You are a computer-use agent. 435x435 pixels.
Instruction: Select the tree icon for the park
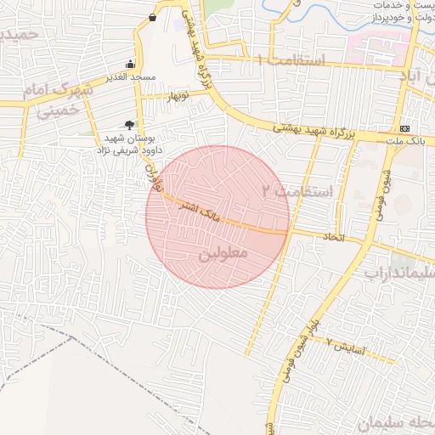click(x=129, y=124)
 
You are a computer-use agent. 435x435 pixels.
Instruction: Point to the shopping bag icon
click(x=152, y=17)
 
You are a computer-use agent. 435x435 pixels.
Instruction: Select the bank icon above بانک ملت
click(x=404, y=129)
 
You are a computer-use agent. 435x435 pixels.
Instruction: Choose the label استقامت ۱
click(x=289, y=60)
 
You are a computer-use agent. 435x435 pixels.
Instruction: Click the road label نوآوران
click(x=153, y=176)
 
